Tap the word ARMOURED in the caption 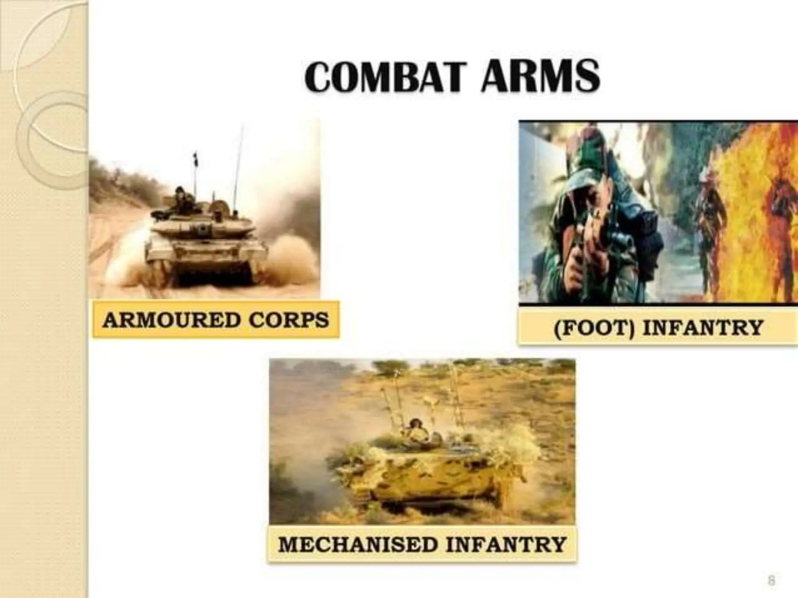coord(171,320)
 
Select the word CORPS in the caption coord(289,320)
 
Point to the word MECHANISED coord(358,544)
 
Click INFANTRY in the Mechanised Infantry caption coord(505,544)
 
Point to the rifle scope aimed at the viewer coord(620,238)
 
